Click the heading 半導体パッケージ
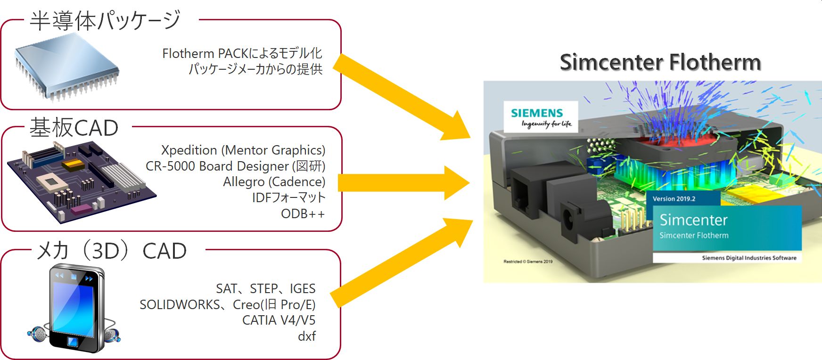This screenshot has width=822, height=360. (x=105, y=21)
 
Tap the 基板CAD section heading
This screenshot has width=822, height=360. (x=74, y=128)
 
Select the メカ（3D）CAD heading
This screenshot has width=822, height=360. (x=112, y=251)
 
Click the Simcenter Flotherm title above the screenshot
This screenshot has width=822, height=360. (x=660, y=62)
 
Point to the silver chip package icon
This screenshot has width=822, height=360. (x=66, y=66)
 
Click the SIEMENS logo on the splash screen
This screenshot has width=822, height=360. (x=537, y=113)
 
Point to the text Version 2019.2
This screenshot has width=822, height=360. (x=674, y=199)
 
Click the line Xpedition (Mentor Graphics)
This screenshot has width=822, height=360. (x=243, y=150)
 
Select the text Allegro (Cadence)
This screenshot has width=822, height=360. (x=274, y=182)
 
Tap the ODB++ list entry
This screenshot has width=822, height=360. (x=303, y=214)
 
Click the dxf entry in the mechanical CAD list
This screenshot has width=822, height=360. (x=307, y=336)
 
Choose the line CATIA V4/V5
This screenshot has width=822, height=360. (x=279, y=320)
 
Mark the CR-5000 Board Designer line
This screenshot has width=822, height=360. (x=235, y=166)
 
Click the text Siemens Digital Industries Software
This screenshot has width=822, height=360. (x=749, y=258)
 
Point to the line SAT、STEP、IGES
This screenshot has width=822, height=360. (x=266, y=288)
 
